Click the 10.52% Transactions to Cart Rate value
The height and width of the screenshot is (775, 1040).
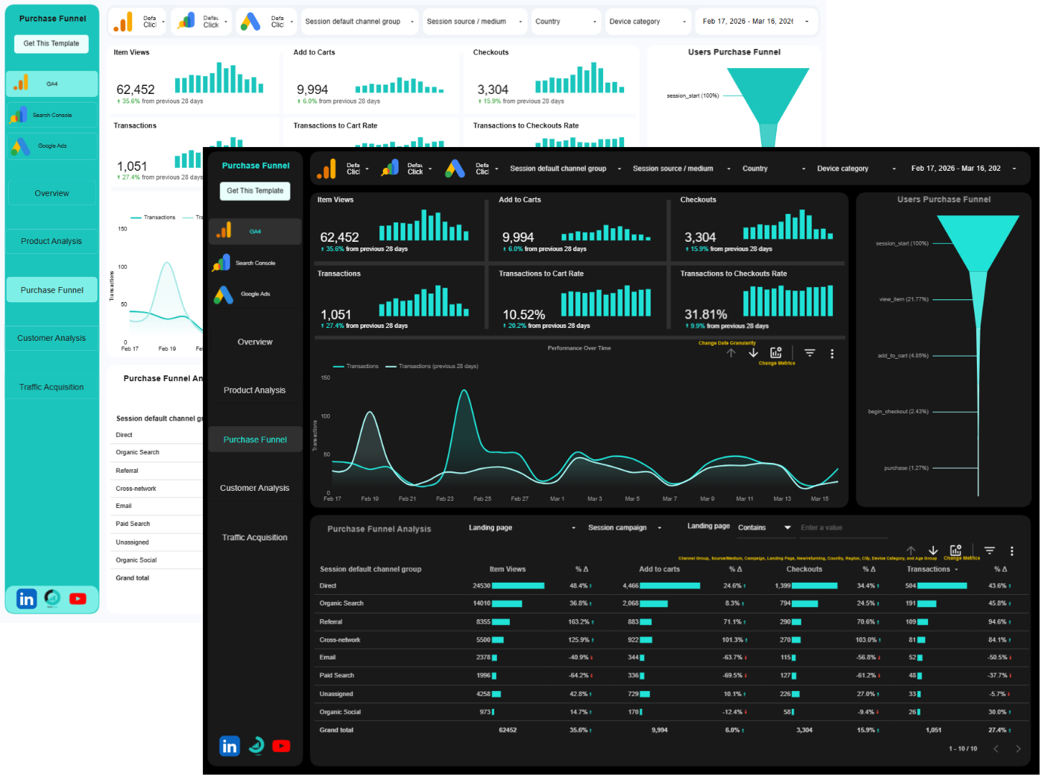pyautogui.click(x=524, y=315)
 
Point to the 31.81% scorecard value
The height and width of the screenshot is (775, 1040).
pyautogui.click(x=706, y=315)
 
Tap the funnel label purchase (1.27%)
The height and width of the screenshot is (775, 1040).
pyautogui.click(x=906, y=468)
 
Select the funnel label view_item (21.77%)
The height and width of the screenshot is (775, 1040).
pyautogui.click(x=904, y=299)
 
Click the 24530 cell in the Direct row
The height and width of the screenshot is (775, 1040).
pyautogui.click(x=481, y=586)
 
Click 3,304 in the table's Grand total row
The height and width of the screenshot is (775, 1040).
pyautogui.click(x=804, y=730)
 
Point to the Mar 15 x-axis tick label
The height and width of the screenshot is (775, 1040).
pyautogui.click(x=819, y=499)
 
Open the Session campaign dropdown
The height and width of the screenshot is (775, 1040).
pyautogui.click(x=624, y=528)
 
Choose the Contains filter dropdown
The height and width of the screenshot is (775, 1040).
pyautogui.click(x=765, y=528)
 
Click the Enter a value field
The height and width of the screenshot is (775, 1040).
pyautogui.click(x=843, y=528)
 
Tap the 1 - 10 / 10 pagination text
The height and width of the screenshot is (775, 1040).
pyautogui.click(x=963, y=748)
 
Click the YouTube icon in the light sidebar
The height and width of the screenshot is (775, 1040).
pyautogui.click(x=77, y=598)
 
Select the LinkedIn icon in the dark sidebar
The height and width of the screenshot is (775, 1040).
pyautogui.click(x=229, y=746)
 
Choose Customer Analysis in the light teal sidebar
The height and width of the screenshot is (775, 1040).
pyautogui.click(x=52, y=338)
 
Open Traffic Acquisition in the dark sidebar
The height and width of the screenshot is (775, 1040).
pyautogui.click(x=255, y=537)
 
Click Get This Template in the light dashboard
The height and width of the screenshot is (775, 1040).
pyautogui.click(x=52, y=44)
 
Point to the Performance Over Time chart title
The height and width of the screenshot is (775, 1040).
pyautogui.click(x=579, y=348)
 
